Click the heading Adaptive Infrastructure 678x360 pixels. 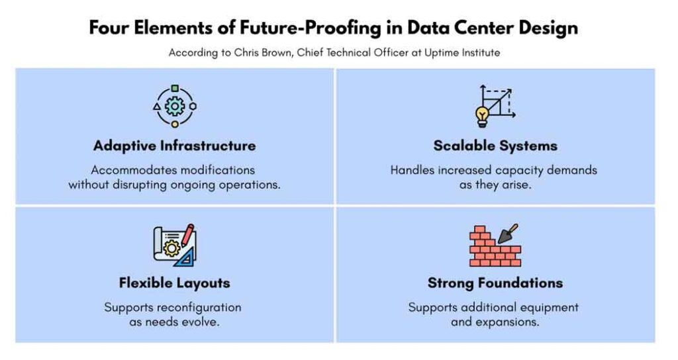point(174,146)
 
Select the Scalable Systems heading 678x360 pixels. point(495,146)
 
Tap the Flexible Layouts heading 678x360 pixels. point(174,283)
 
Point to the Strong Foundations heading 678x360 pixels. point(495,283)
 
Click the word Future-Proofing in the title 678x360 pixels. point(311,28)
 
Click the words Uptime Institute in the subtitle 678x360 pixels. point(462,53)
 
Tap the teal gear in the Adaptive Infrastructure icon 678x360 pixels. point(174,107)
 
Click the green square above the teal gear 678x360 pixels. point(175,89)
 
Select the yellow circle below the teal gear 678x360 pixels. point(175,124)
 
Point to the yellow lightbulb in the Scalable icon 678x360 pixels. point(482,116)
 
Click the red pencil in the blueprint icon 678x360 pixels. point(187,235)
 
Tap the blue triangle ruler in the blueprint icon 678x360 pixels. point(185,259)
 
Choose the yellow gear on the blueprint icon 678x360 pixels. point(171,248)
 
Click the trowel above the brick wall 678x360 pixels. point(507,234)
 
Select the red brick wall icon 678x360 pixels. point(495,247)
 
